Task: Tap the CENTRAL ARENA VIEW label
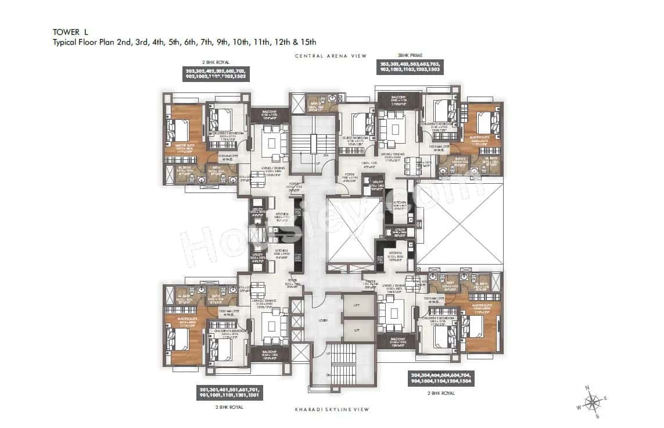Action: point(331,56)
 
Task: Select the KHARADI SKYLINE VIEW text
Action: point(332,409)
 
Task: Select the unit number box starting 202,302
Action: point(216,74)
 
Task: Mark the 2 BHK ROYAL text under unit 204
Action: point(442,394)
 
